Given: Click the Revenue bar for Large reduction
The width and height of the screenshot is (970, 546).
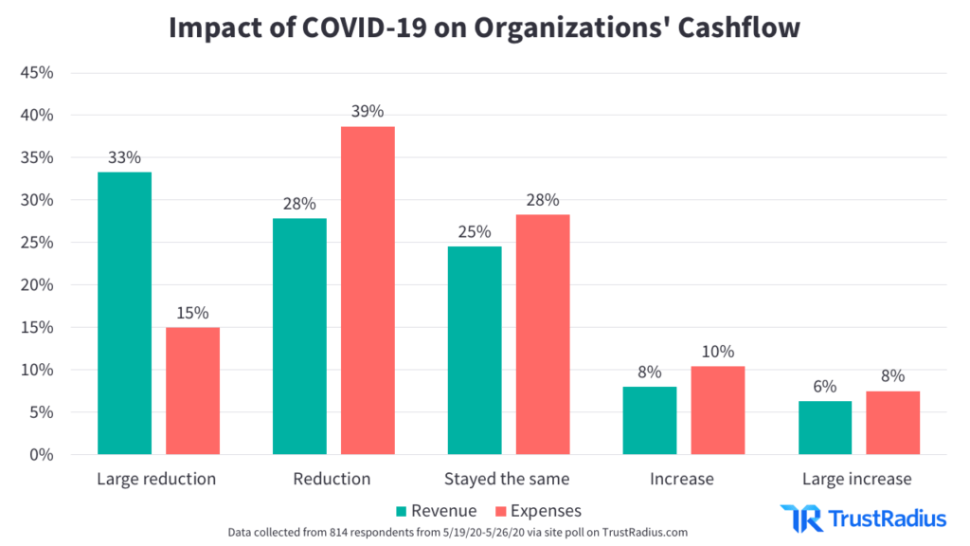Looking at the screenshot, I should (x=124, y=313).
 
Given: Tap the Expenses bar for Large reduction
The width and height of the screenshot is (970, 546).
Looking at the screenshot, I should (x=192, y=391).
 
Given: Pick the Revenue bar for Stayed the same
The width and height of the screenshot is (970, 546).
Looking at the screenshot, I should (x=475, y=350).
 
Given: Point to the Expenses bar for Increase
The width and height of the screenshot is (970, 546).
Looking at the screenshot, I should (x=718, y=409).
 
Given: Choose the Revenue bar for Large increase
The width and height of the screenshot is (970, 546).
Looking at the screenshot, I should (x=825, y=428).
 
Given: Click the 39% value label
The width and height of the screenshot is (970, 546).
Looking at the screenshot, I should (x=368, y=112).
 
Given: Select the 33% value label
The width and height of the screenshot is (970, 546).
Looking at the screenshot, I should (x=124, y=157).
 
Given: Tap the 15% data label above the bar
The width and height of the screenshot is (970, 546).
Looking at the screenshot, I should (x=192, y=313).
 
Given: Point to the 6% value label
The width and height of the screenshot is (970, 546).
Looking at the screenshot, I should (x=825, y=387).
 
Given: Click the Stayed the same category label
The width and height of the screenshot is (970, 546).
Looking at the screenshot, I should (x=507, y=479).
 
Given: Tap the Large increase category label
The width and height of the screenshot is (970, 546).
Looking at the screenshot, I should (x=857, y=479).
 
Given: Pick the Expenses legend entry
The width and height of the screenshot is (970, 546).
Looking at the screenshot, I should (x=539, y=510).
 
